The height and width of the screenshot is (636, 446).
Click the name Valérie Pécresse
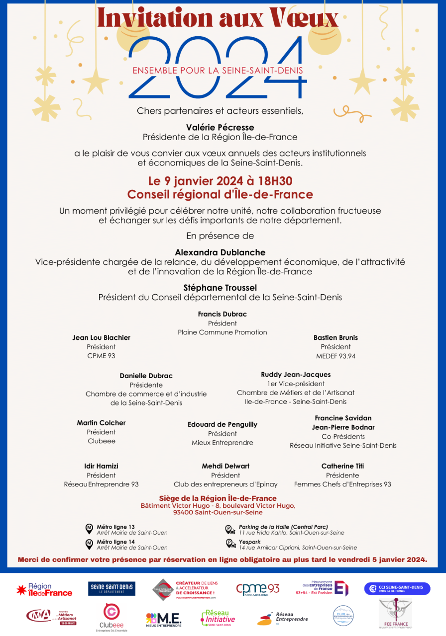coord(220,127)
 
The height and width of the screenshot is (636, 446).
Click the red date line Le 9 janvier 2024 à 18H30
coord(220,180)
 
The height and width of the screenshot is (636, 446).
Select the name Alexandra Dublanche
coord(220,252)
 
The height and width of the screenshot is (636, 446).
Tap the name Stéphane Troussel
coord(220,288)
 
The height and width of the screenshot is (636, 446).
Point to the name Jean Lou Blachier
coord(101,338)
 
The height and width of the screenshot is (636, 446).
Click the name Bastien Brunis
coord(335,338)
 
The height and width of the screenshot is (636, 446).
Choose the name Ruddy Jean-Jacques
coord(296,375)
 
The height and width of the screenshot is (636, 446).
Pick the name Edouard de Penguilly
coord(223,424)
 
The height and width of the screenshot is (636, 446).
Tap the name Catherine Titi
coord(342,466)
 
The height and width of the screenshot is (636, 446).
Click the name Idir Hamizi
coord(101,466)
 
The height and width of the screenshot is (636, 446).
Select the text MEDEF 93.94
coord(335,356)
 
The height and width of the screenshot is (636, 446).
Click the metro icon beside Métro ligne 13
coord(89,528)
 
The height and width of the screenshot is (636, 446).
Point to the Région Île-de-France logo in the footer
coord(44,590)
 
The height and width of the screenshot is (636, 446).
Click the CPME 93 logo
coord(257,589)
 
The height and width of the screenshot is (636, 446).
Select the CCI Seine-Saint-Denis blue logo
coord(397,589)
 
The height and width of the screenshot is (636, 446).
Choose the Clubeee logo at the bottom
coord(111,616)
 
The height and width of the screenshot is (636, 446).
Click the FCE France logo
coord(395,613)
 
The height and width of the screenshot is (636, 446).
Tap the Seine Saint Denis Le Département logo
coord(111,589)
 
